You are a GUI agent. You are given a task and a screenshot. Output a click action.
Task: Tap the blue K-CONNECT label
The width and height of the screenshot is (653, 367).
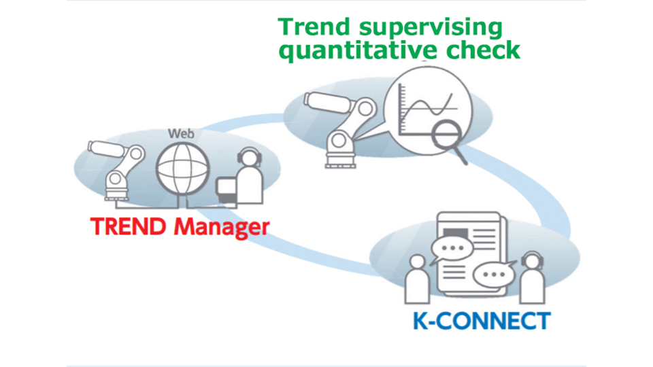click(x=481, y=320)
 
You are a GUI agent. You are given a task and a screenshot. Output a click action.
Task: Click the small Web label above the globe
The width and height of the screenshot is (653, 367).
click(x=182, y=133)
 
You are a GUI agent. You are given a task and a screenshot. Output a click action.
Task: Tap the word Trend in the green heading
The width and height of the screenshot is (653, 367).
click(x=310, y=28)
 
